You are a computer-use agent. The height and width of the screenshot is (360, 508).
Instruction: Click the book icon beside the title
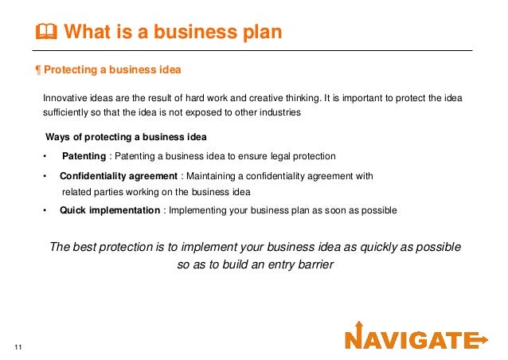[47, 32]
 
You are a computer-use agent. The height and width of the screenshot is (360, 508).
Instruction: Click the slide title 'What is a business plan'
[172, 32]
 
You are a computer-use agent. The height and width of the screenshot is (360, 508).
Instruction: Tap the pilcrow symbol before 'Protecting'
[39, 69]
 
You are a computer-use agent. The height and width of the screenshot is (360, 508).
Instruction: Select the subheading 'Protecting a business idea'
[112, 69]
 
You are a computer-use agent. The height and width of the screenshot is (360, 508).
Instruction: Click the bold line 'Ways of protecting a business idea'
[127, 136]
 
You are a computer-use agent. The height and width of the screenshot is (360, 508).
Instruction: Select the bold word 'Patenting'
[84, 155]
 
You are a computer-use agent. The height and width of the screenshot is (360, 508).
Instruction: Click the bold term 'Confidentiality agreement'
[119, 175]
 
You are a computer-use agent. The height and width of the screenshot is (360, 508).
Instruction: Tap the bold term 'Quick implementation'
[110, 210]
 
